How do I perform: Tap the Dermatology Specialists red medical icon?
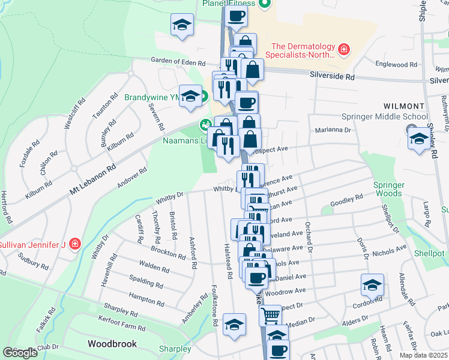click(x=344, y=48)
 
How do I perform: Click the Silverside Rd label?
click(x=332, y=77)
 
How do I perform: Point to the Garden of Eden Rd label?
click(x=178, y=62)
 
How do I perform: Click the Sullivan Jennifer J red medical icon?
click(x=75, y=244)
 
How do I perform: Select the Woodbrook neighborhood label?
click(x=112, y=344)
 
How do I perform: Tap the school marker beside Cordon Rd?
click(x=372, y=285)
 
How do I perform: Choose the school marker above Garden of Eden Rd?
click(x=182, y=25)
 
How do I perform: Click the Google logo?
click(x=20, y=353)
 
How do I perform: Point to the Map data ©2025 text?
click(x=423, y=355)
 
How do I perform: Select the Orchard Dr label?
click(x=310, y=238)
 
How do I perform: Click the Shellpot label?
click(x=429, y=253)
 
